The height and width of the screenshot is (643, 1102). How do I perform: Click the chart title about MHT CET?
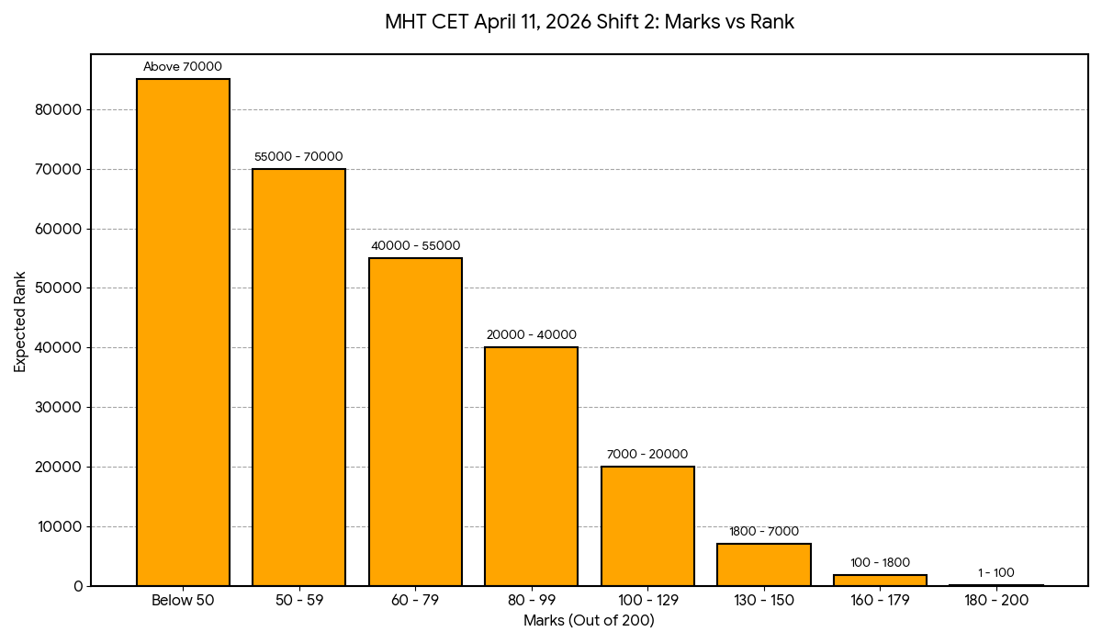[x=590, y=22]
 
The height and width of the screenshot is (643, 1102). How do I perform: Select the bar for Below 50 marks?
[x=183, y=331]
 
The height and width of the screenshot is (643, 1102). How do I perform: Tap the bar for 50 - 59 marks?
[x=299, y=377]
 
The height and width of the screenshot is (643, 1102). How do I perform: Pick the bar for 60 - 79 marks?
[x=415, y=423]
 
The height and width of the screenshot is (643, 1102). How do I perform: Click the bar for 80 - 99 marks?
[x=532, y=467]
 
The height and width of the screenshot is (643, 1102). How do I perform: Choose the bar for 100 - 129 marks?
[x=647, y=525]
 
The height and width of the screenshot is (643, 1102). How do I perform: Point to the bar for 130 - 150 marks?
[x=764, y=565]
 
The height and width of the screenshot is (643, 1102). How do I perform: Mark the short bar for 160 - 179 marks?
[x=880, y=581]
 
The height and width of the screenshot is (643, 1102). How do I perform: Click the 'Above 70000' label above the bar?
[x=183, y=67]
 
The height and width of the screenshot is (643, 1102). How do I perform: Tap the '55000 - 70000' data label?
[x=298, y=157]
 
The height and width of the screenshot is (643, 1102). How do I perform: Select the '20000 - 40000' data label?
[x=532, y=335]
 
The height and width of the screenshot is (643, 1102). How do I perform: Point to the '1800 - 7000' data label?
[x=764, y=532]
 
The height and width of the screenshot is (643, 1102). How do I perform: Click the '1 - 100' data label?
[x=996, y=573]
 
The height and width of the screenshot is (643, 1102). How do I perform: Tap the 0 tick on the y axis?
[x=78, y=586]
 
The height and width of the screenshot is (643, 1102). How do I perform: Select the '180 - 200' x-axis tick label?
[x=996, y=601]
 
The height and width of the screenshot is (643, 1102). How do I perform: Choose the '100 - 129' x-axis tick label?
[x=647, y=601]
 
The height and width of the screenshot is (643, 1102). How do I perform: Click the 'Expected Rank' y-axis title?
[x=20, y=321]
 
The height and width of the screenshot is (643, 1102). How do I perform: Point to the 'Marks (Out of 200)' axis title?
[x=589, y=621]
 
